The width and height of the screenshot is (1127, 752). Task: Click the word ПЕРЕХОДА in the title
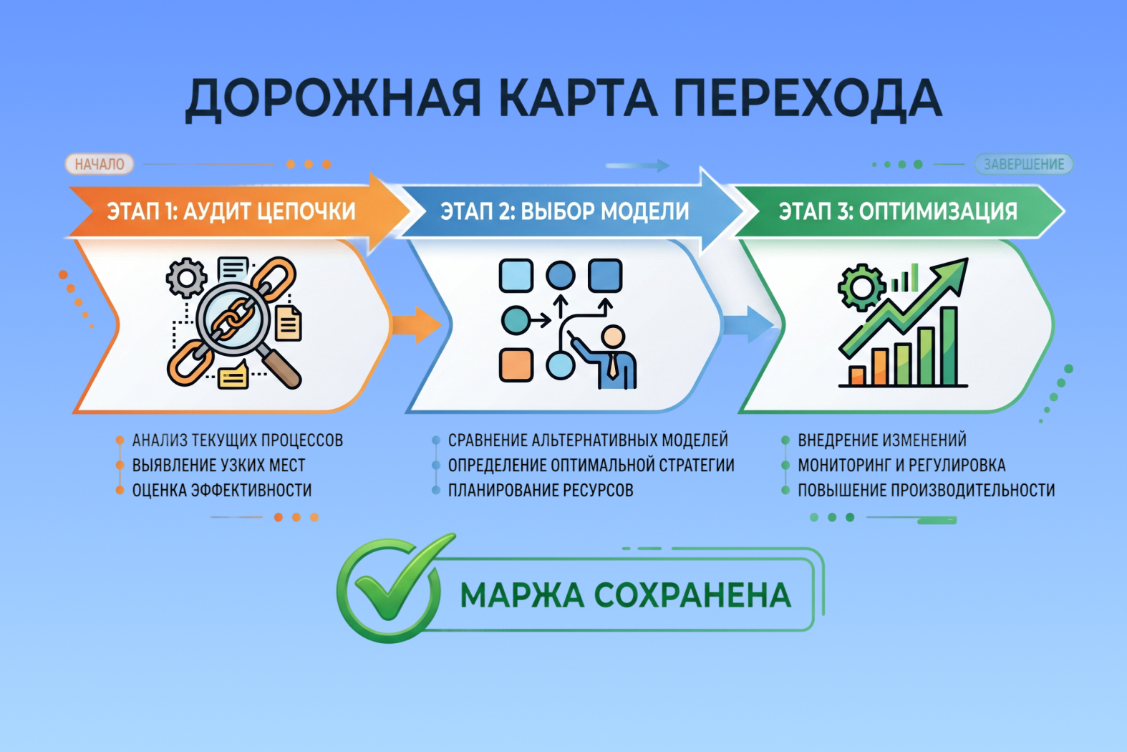pyautogui.click(x=808, y=99)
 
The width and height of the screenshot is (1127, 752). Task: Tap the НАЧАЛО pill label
pyautogui.click(x=100, y=164)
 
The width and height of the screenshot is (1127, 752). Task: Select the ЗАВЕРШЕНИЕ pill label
pyautogui.click(x=1024, y=164)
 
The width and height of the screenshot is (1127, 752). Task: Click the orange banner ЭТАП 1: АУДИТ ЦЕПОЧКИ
pyautogui.click(x=231, y=211)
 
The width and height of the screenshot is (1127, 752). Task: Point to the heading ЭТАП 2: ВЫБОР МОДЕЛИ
pyautogui.click(x=564, y=211)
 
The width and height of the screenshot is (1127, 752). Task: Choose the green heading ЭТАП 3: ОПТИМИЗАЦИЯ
pyautogui.click(x=898, y=211)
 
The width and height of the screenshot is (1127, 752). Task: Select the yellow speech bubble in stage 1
pyautogui.click(x=233, y=376)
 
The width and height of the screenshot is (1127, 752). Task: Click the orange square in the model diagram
pyautogui.click(x=516, y=365)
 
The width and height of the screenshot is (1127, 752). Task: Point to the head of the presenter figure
pyautogui.click(x=613, y=336)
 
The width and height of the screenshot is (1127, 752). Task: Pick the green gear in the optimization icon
pyautogui.click(x=862, y=287)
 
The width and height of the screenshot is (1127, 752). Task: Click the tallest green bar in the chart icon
pyautogui.click(x=949, y=347)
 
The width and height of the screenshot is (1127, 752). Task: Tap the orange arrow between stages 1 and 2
pyautogui.click(x=417, y=324)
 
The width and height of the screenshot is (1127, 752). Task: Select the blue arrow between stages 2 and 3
pyautogui.click(x=749, y=324)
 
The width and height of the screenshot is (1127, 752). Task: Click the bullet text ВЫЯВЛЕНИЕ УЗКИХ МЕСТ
pyautogui.click(x=219, y=465)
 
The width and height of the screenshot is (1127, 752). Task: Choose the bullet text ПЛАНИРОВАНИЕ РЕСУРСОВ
pyautogui.click(x=541, y=490)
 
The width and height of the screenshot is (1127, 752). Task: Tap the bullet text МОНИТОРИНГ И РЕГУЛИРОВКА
pyautogui.click(x=901, y=465)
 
